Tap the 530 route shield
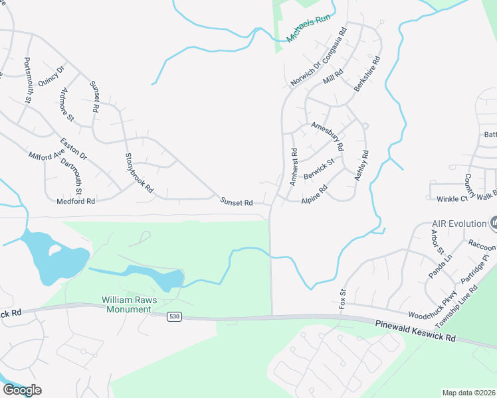(x=173, y=317)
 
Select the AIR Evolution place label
(x=460, y=224)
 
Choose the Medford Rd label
(x=76, y=201)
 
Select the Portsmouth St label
(x=27, y=80)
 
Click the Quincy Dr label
(x=51, y=76)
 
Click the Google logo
(x=23, y=389)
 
